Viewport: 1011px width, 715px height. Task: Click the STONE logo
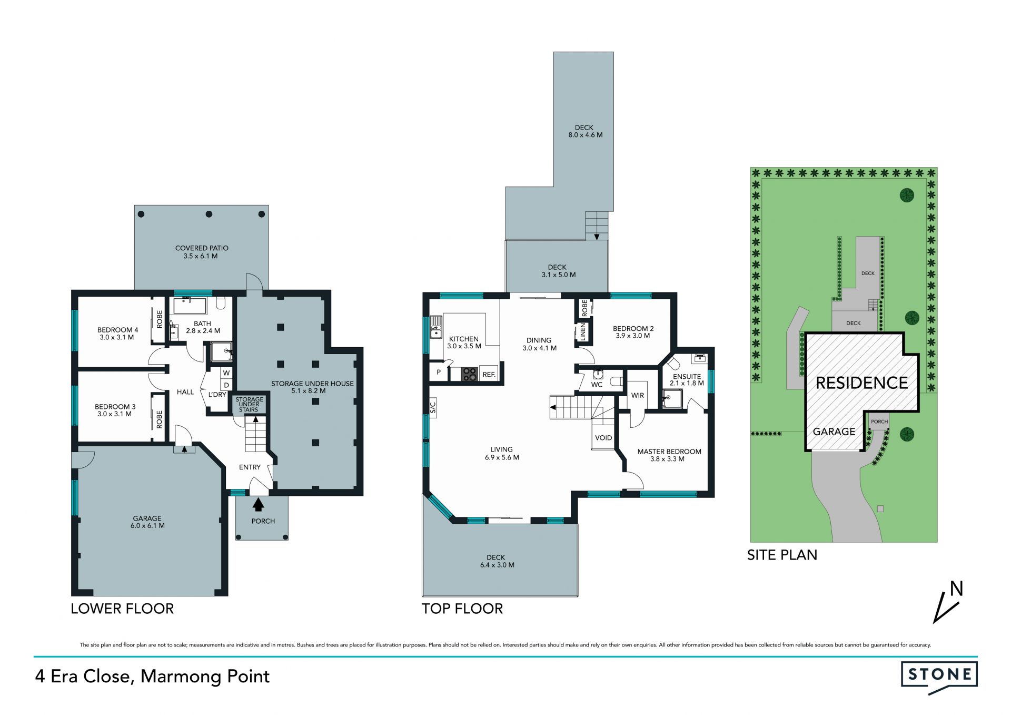[x=939, y=677]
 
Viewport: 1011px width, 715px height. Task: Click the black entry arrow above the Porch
[x=258, y=505]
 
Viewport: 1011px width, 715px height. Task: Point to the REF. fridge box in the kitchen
[x=489, y=374]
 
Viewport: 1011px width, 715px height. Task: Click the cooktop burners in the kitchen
[x=469, y=374]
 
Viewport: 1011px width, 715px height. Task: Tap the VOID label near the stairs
[x=603, y=438]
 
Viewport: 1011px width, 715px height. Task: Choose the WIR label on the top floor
[x=638, y=395]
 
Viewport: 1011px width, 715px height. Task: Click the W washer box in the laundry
[x=226, y=373]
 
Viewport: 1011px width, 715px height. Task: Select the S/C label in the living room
[x=433, y=407]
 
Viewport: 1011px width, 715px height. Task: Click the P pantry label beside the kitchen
[x=439, y=373]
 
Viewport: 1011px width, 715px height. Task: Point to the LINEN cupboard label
[x=583, y=332]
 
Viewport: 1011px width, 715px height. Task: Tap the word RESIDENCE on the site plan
[x=862, y=383]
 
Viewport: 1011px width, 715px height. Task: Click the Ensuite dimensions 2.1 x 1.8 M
[x=687, y=383]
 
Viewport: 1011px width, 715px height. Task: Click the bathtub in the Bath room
[x=190, y=306]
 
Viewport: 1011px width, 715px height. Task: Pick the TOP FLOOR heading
[x=462, y=609]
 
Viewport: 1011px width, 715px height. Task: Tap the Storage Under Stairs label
[x=249, y=405]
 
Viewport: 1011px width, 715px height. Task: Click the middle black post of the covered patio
[x=209, y=214]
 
